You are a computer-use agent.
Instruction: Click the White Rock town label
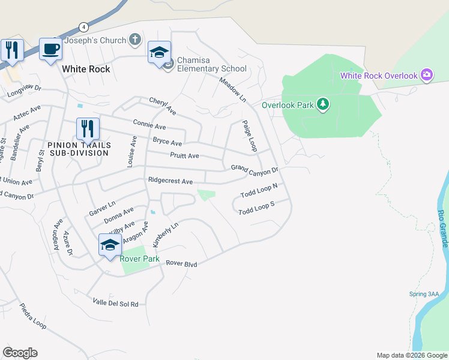86,69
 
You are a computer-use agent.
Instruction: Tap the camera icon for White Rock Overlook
427,75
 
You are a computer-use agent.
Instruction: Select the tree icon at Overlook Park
324,104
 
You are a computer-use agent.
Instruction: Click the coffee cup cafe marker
51,49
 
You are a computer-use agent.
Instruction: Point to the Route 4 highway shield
83,27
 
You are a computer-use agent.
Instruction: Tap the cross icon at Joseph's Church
136,40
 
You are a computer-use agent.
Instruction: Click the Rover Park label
140,259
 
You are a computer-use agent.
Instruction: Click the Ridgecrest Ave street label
170,181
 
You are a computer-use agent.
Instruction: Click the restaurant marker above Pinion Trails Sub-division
88,128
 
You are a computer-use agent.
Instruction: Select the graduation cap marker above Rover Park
110,245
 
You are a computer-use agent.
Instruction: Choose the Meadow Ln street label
234,89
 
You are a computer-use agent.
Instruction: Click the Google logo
20,353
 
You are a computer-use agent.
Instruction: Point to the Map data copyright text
411,355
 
